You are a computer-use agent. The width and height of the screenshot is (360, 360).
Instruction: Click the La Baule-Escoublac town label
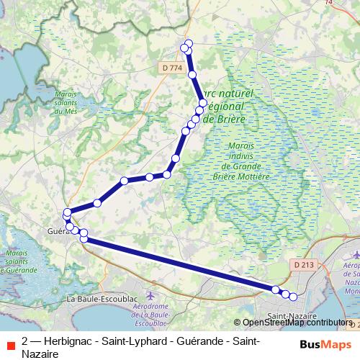102,297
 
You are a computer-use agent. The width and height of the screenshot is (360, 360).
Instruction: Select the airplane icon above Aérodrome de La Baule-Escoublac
150,295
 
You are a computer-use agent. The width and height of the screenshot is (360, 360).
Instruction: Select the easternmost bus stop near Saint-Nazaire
293,297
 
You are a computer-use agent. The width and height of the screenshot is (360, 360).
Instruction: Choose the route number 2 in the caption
26,340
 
